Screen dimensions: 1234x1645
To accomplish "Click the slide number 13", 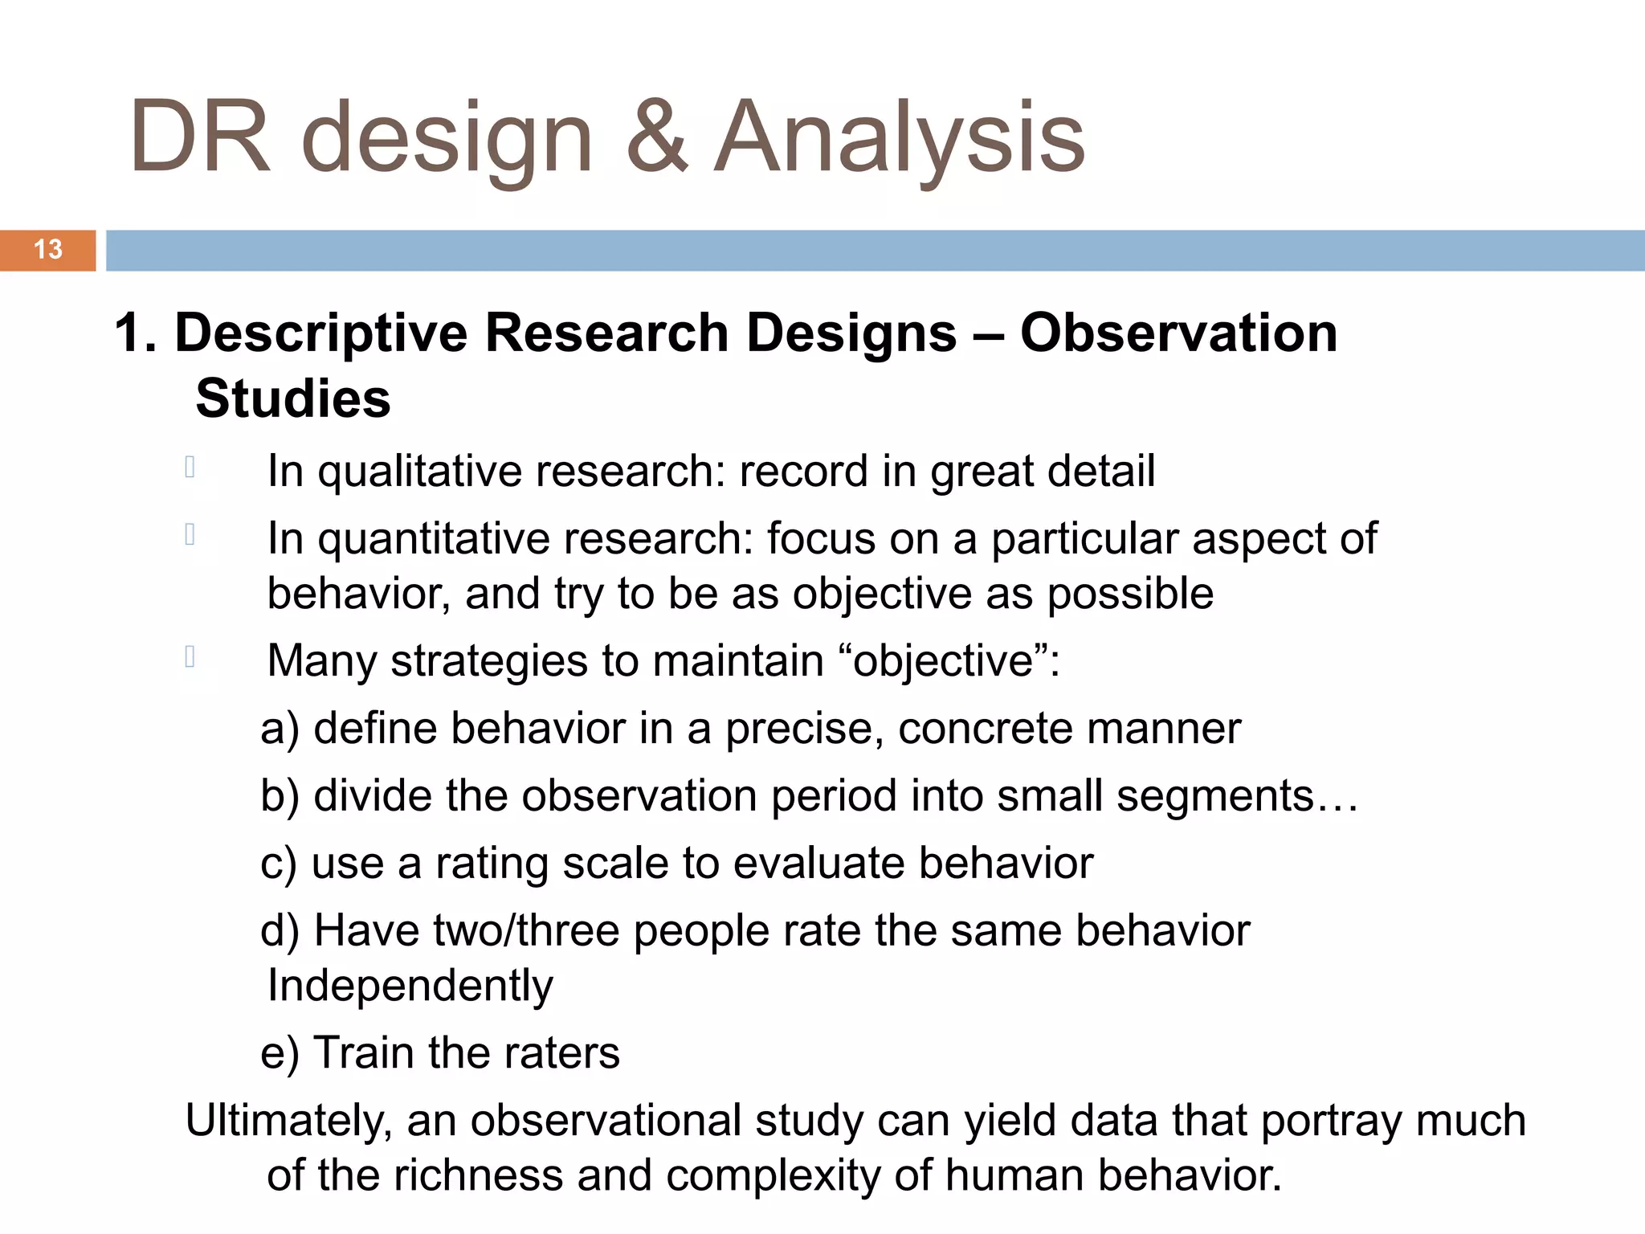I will pos(48,249).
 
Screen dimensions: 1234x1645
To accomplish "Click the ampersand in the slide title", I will pos(656,137).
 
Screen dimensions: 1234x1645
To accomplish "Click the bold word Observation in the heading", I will pos(1178,333).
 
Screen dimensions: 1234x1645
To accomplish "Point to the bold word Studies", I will pos(293,398).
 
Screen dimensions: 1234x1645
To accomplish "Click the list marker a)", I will pos(280,729).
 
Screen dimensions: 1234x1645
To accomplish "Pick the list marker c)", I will pos(279,864).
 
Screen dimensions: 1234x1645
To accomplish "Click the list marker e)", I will pos(280,1053).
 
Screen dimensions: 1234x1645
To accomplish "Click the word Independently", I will pos(410,987).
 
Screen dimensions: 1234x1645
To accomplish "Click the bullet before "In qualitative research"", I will pos(190,467).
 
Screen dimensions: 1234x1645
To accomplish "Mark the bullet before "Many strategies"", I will pos(190,657).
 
